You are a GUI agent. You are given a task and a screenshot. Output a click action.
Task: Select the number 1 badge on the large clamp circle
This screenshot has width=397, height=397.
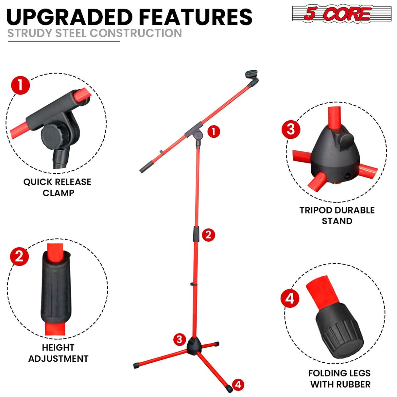tap(20, 85)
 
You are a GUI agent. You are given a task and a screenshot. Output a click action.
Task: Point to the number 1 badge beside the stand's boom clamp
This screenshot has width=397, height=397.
tap(214, 131)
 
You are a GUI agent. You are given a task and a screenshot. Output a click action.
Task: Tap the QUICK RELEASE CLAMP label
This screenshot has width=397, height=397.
tap(58, 187)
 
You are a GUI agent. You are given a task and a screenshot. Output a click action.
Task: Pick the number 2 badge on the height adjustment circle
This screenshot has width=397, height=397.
tap(20, 256)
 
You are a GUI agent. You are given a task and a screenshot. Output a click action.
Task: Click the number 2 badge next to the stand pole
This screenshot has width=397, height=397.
tap(208, 234)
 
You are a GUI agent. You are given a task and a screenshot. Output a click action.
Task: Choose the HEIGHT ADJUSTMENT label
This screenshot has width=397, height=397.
tap(58, 353)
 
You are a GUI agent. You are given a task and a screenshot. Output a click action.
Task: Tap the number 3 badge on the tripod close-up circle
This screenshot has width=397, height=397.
tap(291, 129)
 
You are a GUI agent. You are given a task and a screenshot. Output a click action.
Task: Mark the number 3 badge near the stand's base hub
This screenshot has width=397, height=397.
tap(179, 339)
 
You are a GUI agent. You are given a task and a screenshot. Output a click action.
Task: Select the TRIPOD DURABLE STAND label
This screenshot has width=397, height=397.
tap(337, 215)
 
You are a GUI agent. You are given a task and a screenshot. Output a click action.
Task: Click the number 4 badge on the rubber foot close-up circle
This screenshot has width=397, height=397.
tap(290, 298)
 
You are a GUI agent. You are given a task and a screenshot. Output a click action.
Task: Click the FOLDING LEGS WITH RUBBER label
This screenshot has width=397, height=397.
tap(339, 378)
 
